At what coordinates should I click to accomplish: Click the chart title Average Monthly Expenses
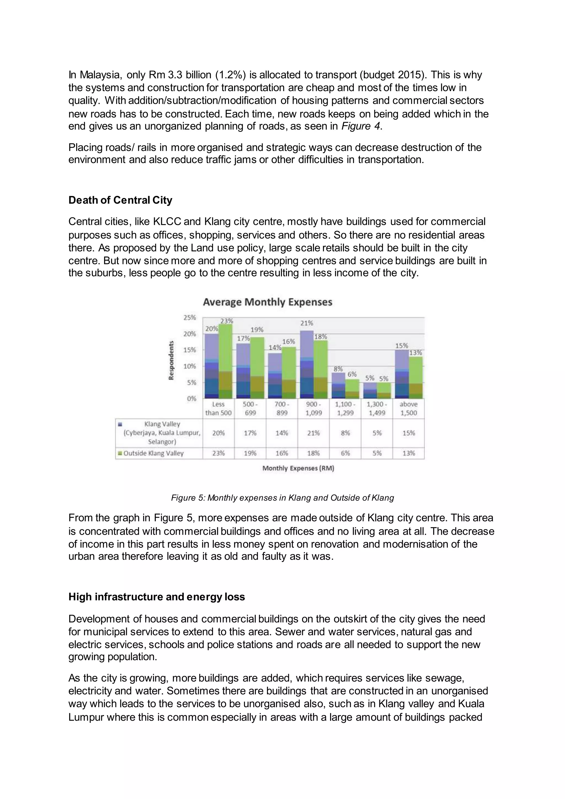coord(267,302)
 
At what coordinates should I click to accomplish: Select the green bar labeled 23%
coord(226,362)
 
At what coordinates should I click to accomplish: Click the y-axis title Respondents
coord(171,360)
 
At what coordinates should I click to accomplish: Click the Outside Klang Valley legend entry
coord(153,453)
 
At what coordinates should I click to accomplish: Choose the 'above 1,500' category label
coord(409,409)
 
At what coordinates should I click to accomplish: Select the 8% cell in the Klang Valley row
coord(345,433)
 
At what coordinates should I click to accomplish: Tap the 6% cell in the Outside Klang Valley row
coord(345,453)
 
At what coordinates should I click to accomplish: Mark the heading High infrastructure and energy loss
coord(156,597)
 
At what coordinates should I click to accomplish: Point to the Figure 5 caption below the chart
coord(282,498)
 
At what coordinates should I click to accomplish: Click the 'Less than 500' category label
coord(218,409)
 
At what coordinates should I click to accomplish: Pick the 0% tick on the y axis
coord(191,398)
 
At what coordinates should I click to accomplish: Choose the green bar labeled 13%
coord(415,378)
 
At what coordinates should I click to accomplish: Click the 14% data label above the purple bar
coord(274,347)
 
